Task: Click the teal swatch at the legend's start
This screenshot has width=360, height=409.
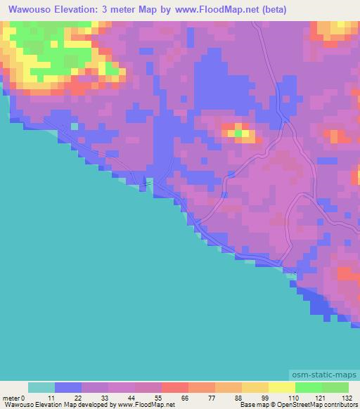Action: (41, 387)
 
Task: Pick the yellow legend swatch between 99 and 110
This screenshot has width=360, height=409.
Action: (282, 387)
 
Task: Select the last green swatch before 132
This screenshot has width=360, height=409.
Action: (335, 387)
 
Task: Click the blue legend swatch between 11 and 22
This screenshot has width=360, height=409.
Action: (68, 387)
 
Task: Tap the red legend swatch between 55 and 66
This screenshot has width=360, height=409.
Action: (175, 387)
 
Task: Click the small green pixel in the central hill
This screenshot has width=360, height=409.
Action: (239, 131)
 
